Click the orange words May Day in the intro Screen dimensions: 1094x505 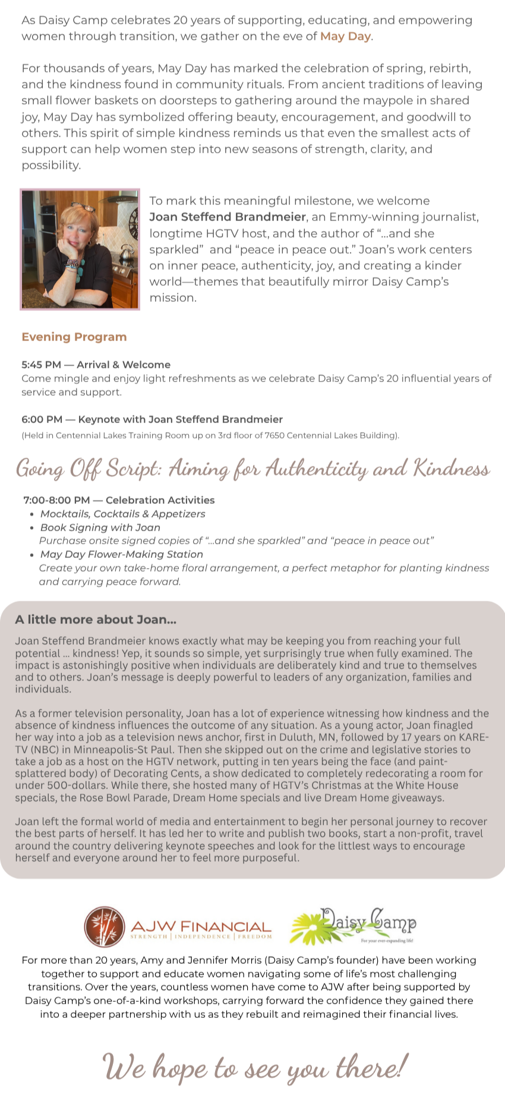345,36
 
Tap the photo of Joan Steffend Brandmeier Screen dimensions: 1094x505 80,250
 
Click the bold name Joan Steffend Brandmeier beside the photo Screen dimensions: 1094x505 228,217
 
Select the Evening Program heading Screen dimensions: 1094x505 74,337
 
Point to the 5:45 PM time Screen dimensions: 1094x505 41,365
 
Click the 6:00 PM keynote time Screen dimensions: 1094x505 42,420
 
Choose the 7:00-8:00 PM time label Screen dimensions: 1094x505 56,500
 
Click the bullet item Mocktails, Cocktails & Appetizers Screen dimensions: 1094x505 122,514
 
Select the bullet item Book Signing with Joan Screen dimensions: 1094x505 100,528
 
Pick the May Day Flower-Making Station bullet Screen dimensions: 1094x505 121,554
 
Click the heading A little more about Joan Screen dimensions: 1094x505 96,620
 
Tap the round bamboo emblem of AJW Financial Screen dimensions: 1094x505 105,926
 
